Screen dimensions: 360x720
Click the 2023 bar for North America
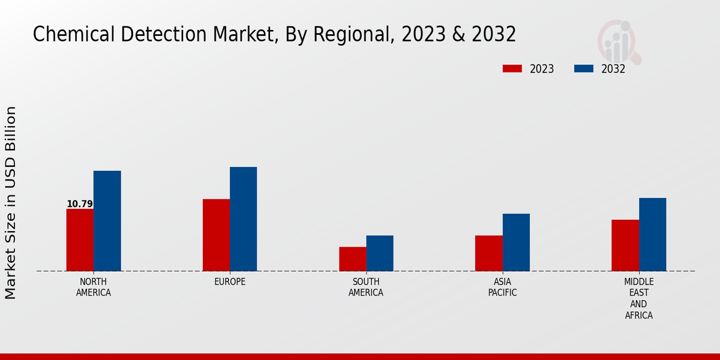pos(80,240)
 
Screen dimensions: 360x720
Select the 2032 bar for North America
pos(107,221)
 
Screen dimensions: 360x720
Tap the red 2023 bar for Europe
pos(216,235)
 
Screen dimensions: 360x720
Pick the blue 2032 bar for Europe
pos(243,219)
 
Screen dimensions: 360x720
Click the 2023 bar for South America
pos(352,259)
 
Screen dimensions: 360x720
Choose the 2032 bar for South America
pos(380,253)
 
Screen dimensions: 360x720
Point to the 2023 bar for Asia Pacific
pos(488,253)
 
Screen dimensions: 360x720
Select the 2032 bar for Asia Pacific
pos(516,242)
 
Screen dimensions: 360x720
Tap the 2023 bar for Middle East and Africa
pos(625,245)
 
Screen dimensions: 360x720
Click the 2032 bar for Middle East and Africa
pos(652,235)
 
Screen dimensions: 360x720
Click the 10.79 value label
pos(80,204)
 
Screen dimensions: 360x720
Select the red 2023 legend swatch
pos(512,68)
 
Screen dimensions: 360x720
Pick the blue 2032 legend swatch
pos(583,68)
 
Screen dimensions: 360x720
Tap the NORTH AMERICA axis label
pos(94,287)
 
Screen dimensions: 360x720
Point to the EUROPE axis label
pos(230,282)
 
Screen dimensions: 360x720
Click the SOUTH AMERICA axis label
pos(366,287)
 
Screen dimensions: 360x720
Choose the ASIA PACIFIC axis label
pos(502,287)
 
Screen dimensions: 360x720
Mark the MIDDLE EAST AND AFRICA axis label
pos(638,299)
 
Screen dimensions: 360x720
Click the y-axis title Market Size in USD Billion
pos(11,203)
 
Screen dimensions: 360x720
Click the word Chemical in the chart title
pos(67,35)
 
